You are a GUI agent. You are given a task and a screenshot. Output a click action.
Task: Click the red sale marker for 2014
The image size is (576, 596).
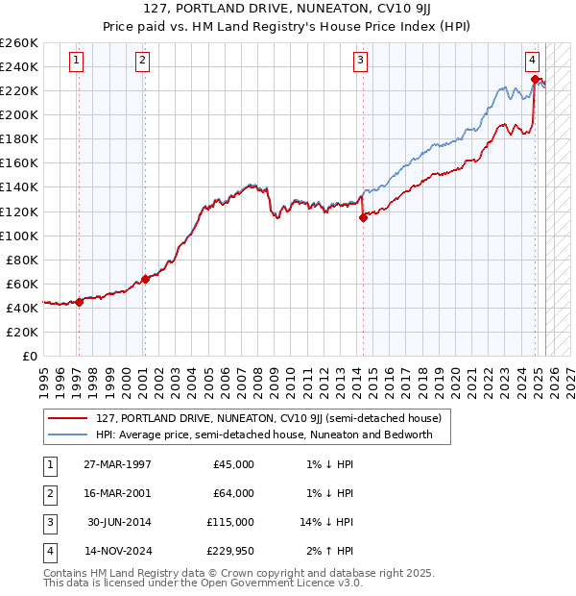(363, 217)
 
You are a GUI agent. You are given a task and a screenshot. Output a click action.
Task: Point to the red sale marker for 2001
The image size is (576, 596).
(145, 279)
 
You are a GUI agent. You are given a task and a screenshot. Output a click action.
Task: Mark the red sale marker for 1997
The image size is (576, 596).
(80, 301)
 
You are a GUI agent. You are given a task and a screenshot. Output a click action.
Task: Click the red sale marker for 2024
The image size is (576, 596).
(534, 79)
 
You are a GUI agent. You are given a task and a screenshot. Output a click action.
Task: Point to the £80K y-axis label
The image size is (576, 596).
(22, 260)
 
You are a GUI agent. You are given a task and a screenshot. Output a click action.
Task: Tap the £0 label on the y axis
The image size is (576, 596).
(31, 356)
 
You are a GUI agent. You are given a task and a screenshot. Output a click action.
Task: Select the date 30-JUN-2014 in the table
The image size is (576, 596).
(119, 522)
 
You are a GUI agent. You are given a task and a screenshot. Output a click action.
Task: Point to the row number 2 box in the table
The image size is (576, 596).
(48, 493)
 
